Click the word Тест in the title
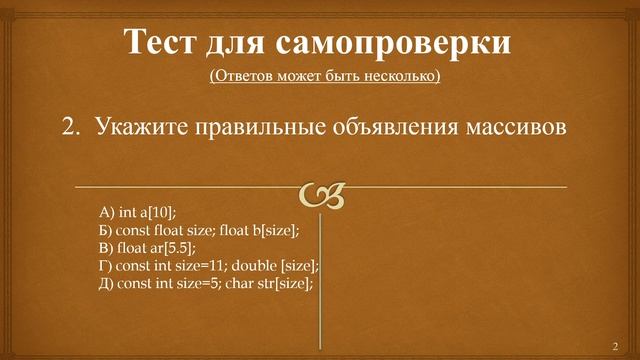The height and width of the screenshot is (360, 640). pos(164,42)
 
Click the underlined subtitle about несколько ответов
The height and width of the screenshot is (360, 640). pos(324,76)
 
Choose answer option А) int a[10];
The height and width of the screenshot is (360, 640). pos(137,211)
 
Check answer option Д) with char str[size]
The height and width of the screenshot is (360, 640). pos(206,283)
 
